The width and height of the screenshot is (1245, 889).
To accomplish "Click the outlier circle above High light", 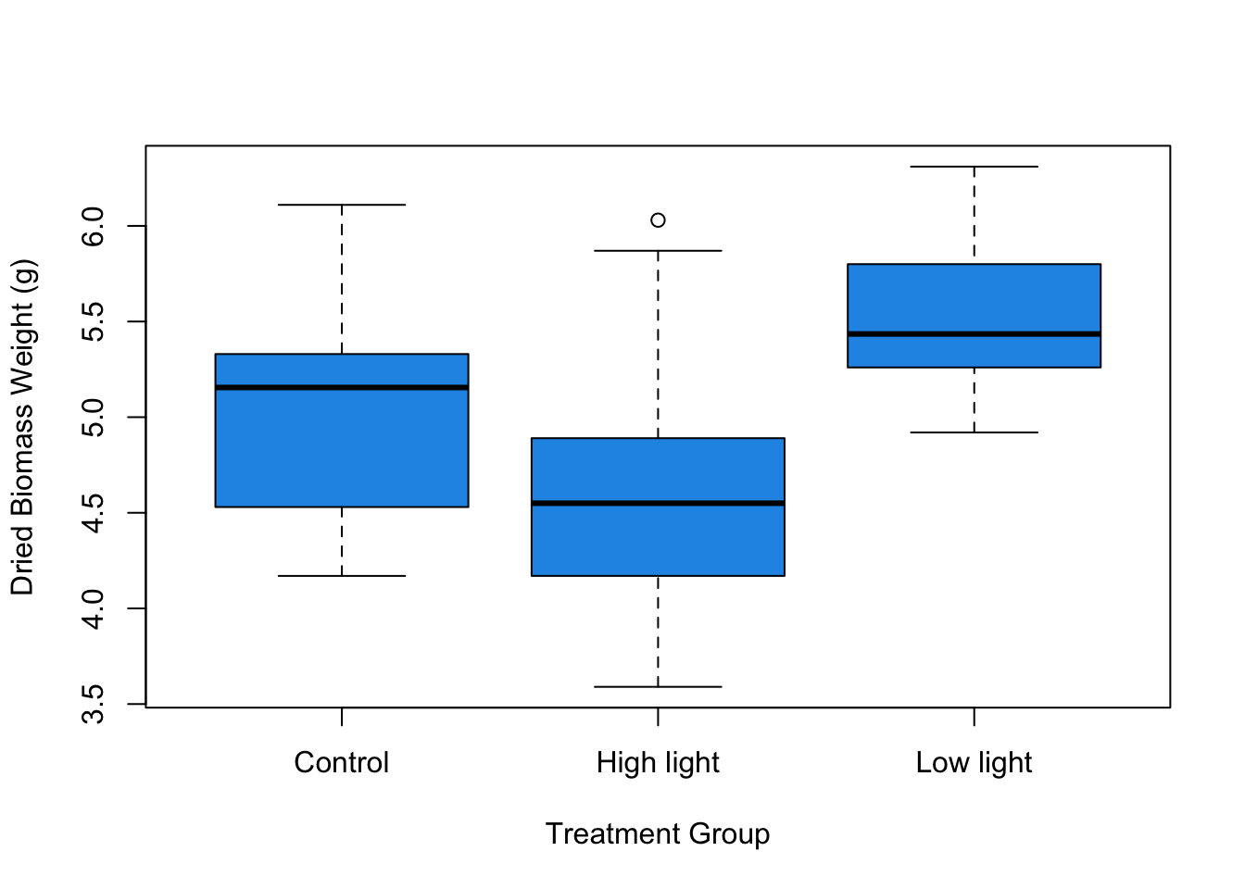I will (x=658, y=220).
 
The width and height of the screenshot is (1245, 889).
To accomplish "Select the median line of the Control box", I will (x=342, y=387).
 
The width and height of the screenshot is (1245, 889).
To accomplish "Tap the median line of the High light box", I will (x=658, y=503).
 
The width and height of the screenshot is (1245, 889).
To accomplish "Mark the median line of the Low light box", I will (x=974, y=333).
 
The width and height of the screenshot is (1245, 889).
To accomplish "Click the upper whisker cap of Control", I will (x=342, y=205).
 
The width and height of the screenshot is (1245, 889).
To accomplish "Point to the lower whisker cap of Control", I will (x=342, y=576).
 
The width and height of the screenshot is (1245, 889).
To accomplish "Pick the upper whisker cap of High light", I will (x=658, y=251).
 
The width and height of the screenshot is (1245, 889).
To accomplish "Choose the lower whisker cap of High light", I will (x=658, y=687).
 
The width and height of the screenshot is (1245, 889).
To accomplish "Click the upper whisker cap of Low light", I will (x=974, y=167).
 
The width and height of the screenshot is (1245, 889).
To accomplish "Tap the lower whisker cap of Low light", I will (x=974, y=432).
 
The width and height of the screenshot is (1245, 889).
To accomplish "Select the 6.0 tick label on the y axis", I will (x=94, y=226).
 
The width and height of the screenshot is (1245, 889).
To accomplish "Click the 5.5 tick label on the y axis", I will (x=94, y=321).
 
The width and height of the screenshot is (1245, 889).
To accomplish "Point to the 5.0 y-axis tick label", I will (x=94, y=417).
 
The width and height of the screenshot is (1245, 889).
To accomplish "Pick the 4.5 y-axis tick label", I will (x=94, y=513).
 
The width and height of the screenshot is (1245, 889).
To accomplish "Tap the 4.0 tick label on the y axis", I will (x=94, y=608).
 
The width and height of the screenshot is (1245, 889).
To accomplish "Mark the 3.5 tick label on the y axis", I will (x=94, y=704).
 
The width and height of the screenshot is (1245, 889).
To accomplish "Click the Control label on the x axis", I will (x=342, y=763).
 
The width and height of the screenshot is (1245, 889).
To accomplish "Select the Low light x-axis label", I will (x=974, y=763).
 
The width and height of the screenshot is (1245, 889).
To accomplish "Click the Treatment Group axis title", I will (x=658, y=834).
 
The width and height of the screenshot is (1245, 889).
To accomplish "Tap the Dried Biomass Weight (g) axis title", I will (x=22, y=427).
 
